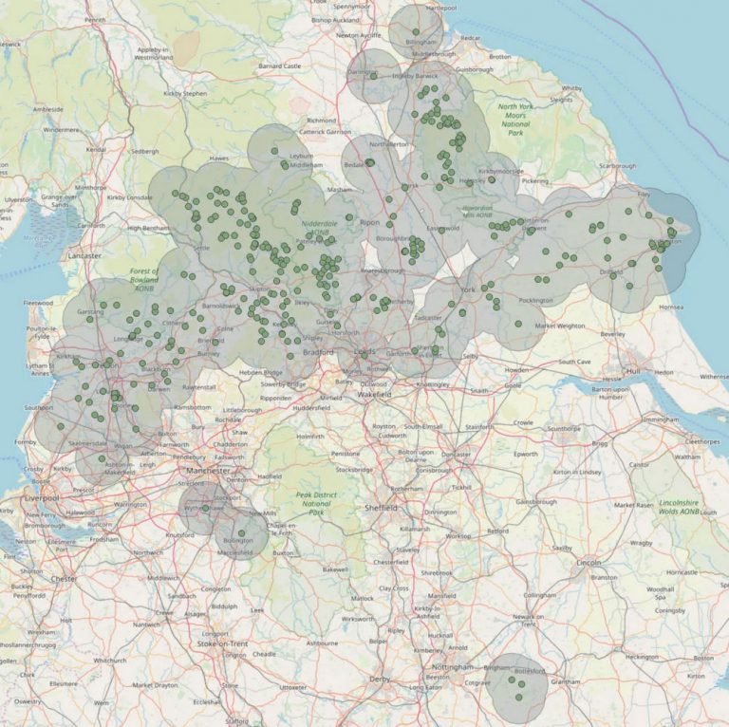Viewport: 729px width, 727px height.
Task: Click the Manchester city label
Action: [208, 470]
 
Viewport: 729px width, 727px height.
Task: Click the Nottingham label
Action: [452, 667]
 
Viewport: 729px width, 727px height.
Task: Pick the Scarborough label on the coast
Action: [617, 166]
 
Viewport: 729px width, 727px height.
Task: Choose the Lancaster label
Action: [84, 255]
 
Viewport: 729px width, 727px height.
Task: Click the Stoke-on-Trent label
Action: [221, 643]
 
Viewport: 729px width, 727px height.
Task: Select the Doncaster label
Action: [456, 454]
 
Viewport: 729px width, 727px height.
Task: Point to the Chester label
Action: [65, 578]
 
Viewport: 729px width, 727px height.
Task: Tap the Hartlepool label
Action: [441, 8]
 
